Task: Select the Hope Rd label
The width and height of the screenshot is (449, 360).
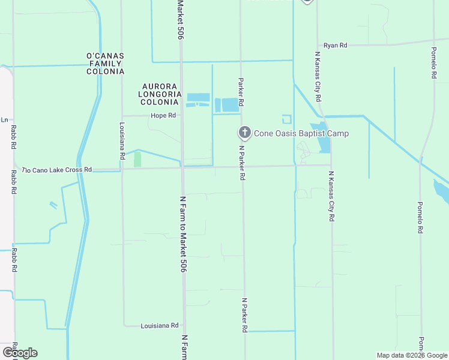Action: pyautogui.click(x=163, y=115)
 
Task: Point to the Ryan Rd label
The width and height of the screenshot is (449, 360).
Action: pyautogui.click(x=336, y=46)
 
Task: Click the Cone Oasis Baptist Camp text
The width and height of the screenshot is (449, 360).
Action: pyautogui.click(x=301, y=133)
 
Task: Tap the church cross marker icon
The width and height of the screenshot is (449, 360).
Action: pyautogui.click(x=244, y=133)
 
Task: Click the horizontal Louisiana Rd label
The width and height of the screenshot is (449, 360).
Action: pyautogui.click(x=160, y=326)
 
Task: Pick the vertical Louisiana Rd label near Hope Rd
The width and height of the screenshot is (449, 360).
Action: pyautogui.click(x=122, y=141)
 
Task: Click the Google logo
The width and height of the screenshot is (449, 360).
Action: pyautogui.click(x=20, y=353)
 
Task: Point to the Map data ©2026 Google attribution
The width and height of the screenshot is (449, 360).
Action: pyautogui.click(x=411, y=355)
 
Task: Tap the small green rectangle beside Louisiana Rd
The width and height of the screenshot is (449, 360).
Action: pyautogui.click(x=137, y=159)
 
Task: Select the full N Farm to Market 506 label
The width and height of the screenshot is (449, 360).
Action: pyautogui.click(x=182, y=234)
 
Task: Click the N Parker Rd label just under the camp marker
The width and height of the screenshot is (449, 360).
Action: pyautogui.click(x=242, y=163)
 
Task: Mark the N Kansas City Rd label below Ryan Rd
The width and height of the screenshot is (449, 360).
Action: pyautogui.click(x=318, y=76)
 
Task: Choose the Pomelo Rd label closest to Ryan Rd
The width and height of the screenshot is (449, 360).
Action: pyautogui.click(x=433, y=62)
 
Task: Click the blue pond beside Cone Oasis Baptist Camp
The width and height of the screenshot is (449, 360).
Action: pyautogui.click(x=324, y=144)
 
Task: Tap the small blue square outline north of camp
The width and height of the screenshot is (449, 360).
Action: pyautogui.click(x=286, y=119)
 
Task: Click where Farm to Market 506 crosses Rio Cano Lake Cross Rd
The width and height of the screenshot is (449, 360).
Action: pyautogui.click(x=182, y=168)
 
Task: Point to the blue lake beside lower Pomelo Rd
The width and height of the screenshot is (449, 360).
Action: pyautogui.click(x=441, y=192)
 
